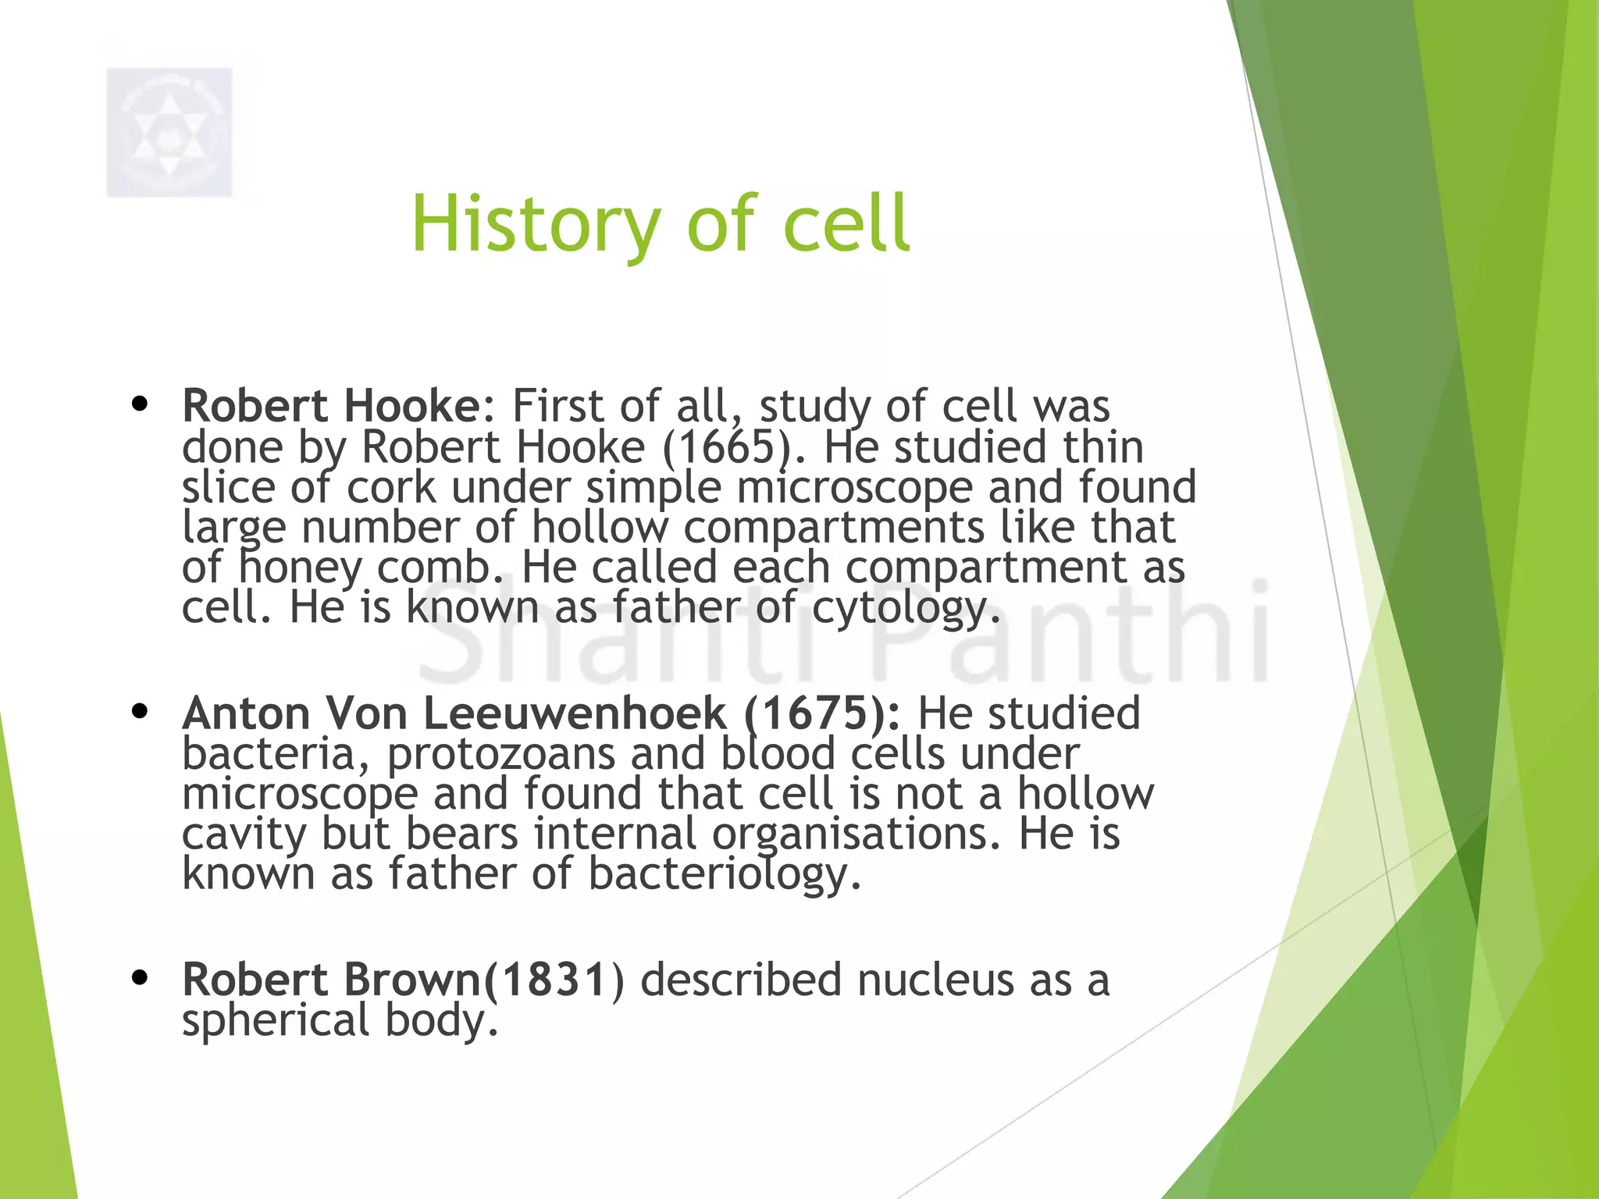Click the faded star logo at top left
pyautogui.click(x=169, y=133)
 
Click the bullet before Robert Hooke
pyautogui.click(x=141, y=405)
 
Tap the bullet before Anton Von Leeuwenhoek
pyautogui.click(x=141, y=712)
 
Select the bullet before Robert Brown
pyautogui.click(x=141, y=978)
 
